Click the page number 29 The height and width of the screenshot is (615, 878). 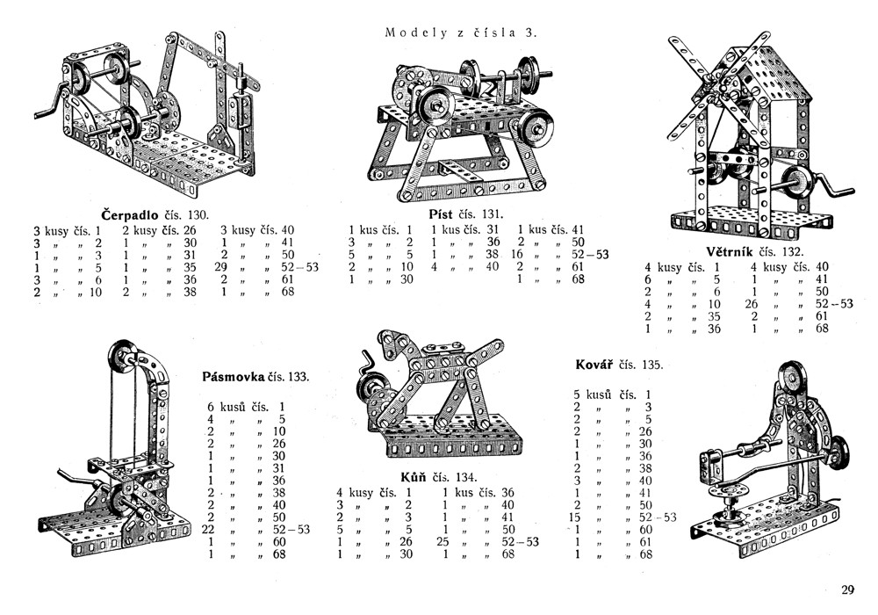point(847,590)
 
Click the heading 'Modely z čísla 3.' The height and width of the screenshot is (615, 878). point(460,33)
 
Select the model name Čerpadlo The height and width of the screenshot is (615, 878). point(131,214)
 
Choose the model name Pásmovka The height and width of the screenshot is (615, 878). point(233,376)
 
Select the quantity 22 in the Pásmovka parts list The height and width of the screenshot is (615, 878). point(209,529)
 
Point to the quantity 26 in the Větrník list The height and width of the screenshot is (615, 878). point(752,304)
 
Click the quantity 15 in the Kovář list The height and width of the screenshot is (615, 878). point(578,517)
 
